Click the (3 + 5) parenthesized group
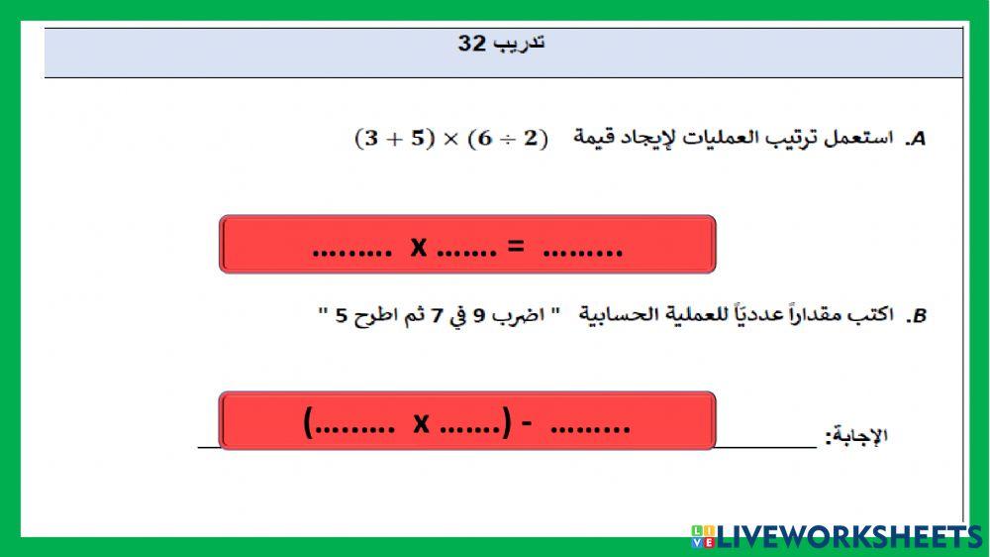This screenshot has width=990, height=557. [x=392, y=139]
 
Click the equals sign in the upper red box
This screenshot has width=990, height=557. [x=515, y=248]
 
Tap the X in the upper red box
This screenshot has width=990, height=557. [x=419, y=247]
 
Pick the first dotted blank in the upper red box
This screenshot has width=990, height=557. [x=352, y=252]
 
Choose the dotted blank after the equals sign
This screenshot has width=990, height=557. [x=583, y=252]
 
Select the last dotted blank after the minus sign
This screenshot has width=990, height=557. [x=589, y=429]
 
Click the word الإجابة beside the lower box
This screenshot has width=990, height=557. [x=857, y=435]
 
